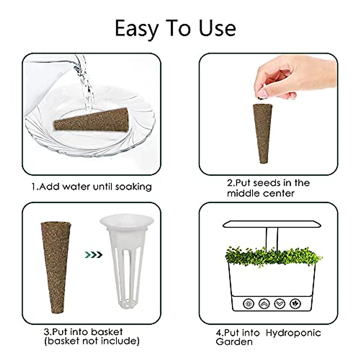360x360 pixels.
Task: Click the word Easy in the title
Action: tap(137, 28)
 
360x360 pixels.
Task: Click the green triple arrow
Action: tap(94, 255)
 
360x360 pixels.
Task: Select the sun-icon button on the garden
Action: tap(248, 304)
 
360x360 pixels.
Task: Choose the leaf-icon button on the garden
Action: tap(295, 304)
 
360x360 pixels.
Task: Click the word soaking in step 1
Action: tap(133, 187)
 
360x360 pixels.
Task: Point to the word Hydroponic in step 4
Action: tap(293, 333)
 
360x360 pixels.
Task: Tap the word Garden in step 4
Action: tap(234, 342)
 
